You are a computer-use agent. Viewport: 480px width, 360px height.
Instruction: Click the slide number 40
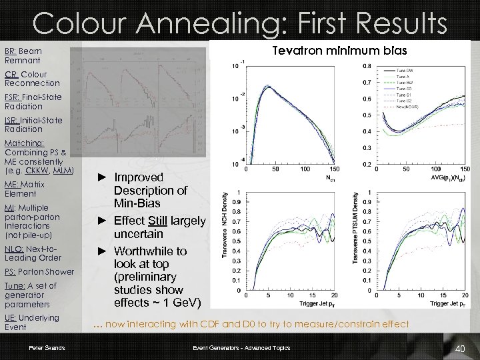click(459, 349)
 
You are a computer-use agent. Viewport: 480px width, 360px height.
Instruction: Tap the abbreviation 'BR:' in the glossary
click(11, 51)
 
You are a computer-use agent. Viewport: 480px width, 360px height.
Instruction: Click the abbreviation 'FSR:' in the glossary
click(13, 97)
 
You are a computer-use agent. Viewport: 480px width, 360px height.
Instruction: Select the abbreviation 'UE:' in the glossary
click(11, 318)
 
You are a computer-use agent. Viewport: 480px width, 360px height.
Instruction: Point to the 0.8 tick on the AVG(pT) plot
click(367, 66)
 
